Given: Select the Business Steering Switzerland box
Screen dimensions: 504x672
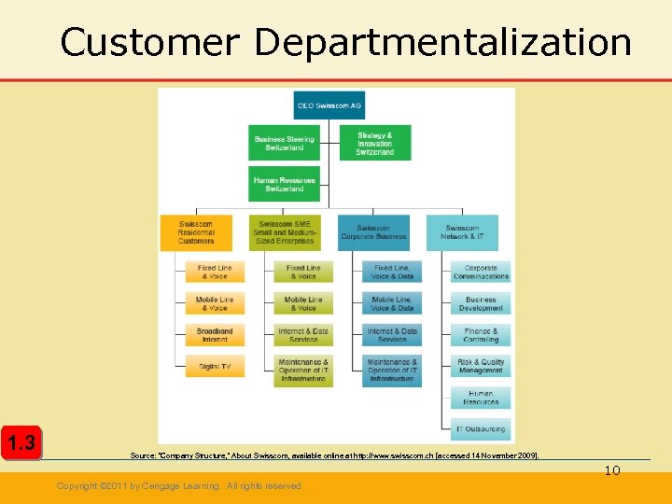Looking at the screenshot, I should [x=284, y=144].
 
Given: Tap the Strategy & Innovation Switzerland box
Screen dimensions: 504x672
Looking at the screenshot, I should [x=374, y=143].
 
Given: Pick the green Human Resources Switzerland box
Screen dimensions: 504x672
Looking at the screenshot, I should [x=284, y=184].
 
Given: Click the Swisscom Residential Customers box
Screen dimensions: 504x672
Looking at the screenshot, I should [x=196, y=232].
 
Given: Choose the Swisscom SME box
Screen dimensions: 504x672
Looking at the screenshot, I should [x=284, y=232].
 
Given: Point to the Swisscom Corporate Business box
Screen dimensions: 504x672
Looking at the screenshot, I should [x=373, y=232].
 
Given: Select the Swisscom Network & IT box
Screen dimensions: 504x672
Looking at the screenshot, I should [x=462, y=232].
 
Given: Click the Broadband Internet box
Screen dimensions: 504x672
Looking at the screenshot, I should [x=214, y=335].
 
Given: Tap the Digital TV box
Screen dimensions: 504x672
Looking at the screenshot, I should [x=214, y=367].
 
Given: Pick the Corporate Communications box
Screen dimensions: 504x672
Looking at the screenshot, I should [x=481, y=272].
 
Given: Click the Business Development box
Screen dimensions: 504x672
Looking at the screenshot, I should [x=481, y=303].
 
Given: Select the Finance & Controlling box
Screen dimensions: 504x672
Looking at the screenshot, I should [x=481, y=335].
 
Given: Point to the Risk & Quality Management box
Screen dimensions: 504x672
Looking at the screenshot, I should [x=481, y=367].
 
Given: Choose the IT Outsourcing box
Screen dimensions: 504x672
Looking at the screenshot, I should [x=481, y=429].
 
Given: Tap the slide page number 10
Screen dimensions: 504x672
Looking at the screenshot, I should [x=611, y=470].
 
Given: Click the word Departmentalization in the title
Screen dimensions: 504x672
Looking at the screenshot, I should [x=442, y=42].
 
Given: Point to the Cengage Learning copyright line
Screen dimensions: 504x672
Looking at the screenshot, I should [x=178, y=486].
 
